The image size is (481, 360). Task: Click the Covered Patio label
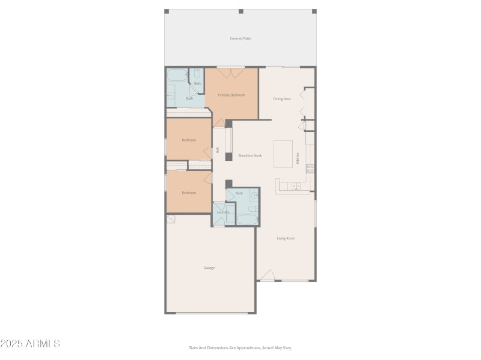click(x=240, y=38)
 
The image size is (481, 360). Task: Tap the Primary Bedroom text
click(x=231, y=95)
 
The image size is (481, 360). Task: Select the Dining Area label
click(x=282, y=98)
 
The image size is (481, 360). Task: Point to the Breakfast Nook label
click(x=250, y=155)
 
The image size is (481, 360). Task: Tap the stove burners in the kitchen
click(x=310, y=169)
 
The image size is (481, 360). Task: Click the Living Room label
click(x=286, y=238)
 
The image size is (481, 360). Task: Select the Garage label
click(x=209, y=268)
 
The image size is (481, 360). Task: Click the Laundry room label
click(x=223, y=212)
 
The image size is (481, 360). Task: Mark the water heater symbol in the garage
click(x=171, y=220)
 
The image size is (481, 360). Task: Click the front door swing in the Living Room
click(x=268, y=276)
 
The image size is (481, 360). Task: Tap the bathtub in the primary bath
click(x=178, y=76)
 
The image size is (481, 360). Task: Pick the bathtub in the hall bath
click(x=247, y=219)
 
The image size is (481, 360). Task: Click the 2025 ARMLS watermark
click(x=30, y=344)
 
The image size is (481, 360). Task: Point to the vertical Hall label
click(x=217, y=150)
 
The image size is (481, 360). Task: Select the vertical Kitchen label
click(x=297, y=158)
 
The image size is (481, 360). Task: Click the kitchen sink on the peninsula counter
click(x=296, y=187)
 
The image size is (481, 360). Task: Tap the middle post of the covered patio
click(x=240, y=11)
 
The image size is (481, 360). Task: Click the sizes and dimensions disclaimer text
click(x=240, y=347)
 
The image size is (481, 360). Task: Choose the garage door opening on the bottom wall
click(x=210, y=313)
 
